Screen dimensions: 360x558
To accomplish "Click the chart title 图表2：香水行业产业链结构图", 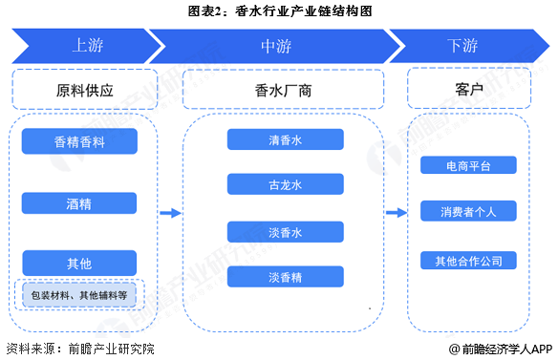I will click(x=278, y=11).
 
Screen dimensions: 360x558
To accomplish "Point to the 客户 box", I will click(x=469, y=90).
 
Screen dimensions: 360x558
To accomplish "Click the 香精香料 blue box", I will click(x=80, y=141).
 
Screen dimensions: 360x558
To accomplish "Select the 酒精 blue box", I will click(x=80, y=202).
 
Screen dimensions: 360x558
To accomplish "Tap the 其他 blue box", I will click(x=80, y=262).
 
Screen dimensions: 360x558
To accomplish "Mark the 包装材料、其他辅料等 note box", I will click(x=80, y=295).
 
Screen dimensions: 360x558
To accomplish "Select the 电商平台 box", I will click(x=469, y=165).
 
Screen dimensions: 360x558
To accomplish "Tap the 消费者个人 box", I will click(x=469, y=211).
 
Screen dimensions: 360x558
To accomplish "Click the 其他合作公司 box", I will click(x=469, y=259).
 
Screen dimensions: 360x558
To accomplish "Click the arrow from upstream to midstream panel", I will click(x=169, y=213).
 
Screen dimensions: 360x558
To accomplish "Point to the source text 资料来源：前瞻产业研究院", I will click(x=79, y=349).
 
